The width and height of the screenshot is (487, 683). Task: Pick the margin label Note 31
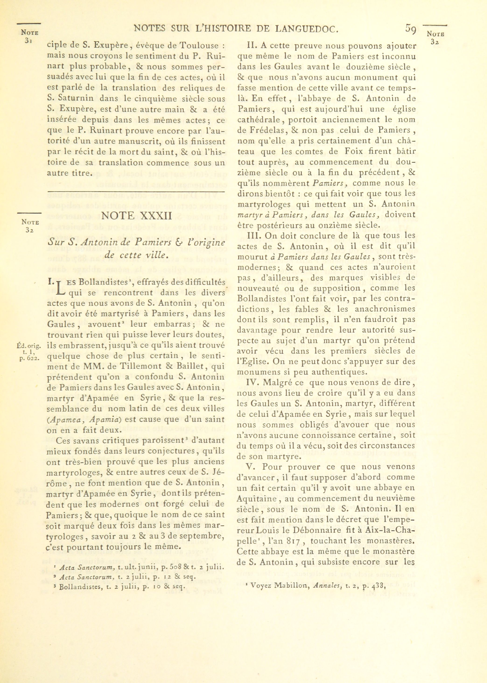29,36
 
